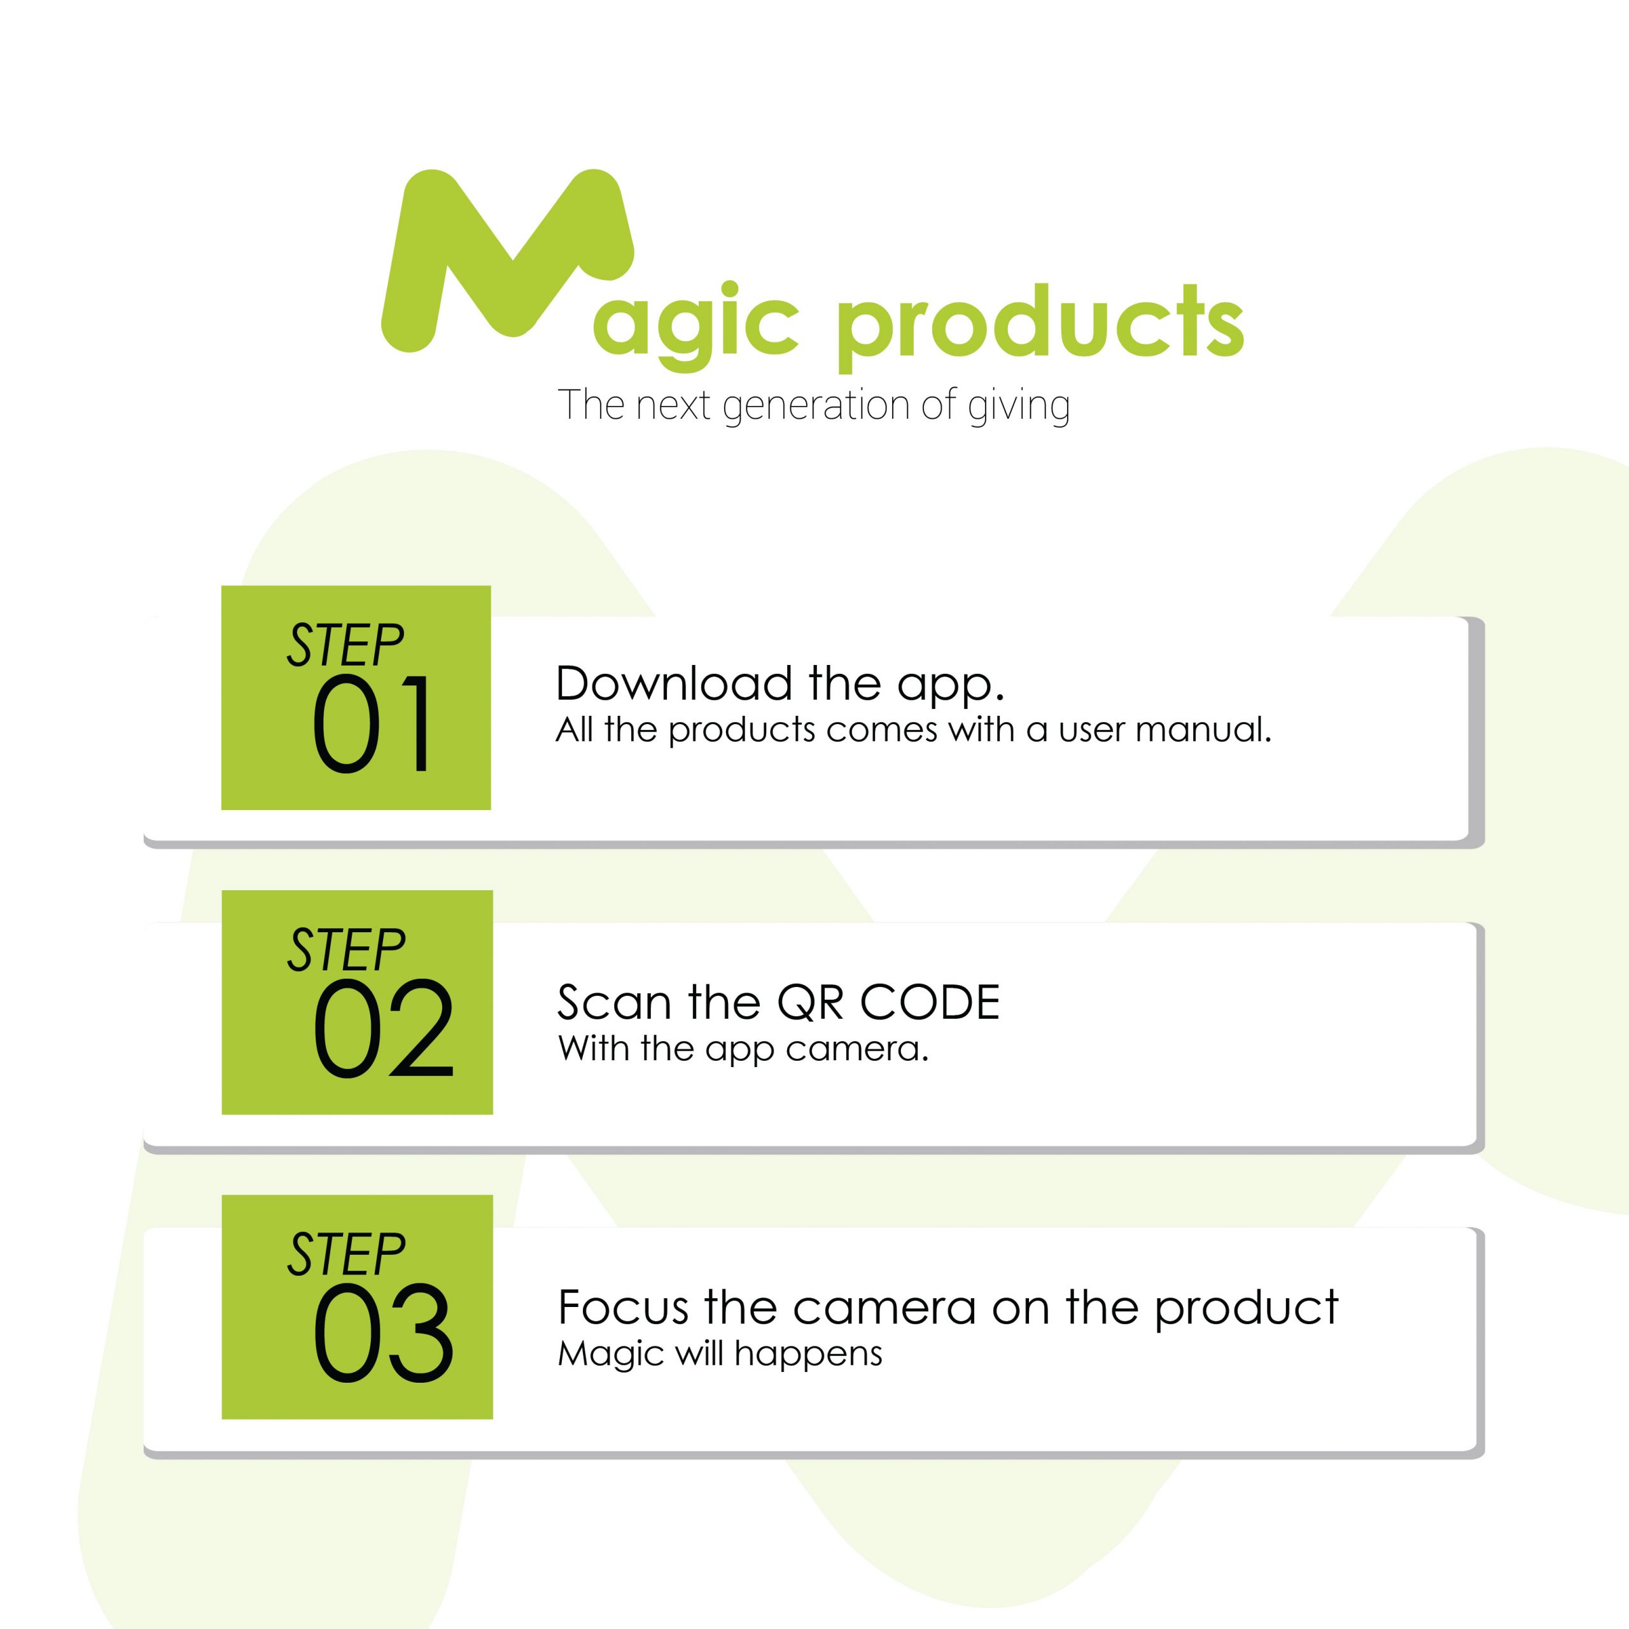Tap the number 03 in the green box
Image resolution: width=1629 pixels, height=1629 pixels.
[x=384, y=1332]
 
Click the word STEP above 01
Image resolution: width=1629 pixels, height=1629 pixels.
[x=346, y=646]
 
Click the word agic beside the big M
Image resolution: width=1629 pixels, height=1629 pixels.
[x=695, y=325]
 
